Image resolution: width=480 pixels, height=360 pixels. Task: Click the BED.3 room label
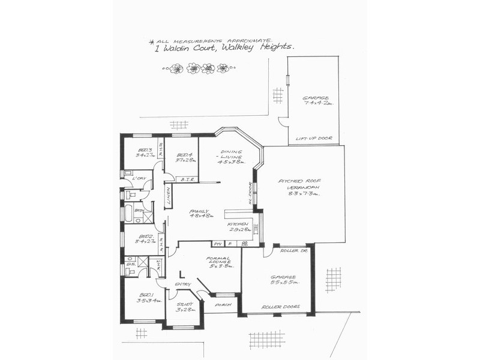(145, 150)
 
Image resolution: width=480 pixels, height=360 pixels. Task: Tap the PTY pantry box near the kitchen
(217, 244)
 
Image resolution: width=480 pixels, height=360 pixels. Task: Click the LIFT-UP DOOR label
(313, 139)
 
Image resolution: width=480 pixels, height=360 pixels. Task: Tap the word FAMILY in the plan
(198, 211)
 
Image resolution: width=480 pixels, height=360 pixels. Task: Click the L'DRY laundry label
(139, 178)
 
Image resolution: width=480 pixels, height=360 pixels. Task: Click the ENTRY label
(182, 284)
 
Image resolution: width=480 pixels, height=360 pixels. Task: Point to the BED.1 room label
(146, 295)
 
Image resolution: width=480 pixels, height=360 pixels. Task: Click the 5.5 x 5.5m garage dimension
(281, 281)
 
